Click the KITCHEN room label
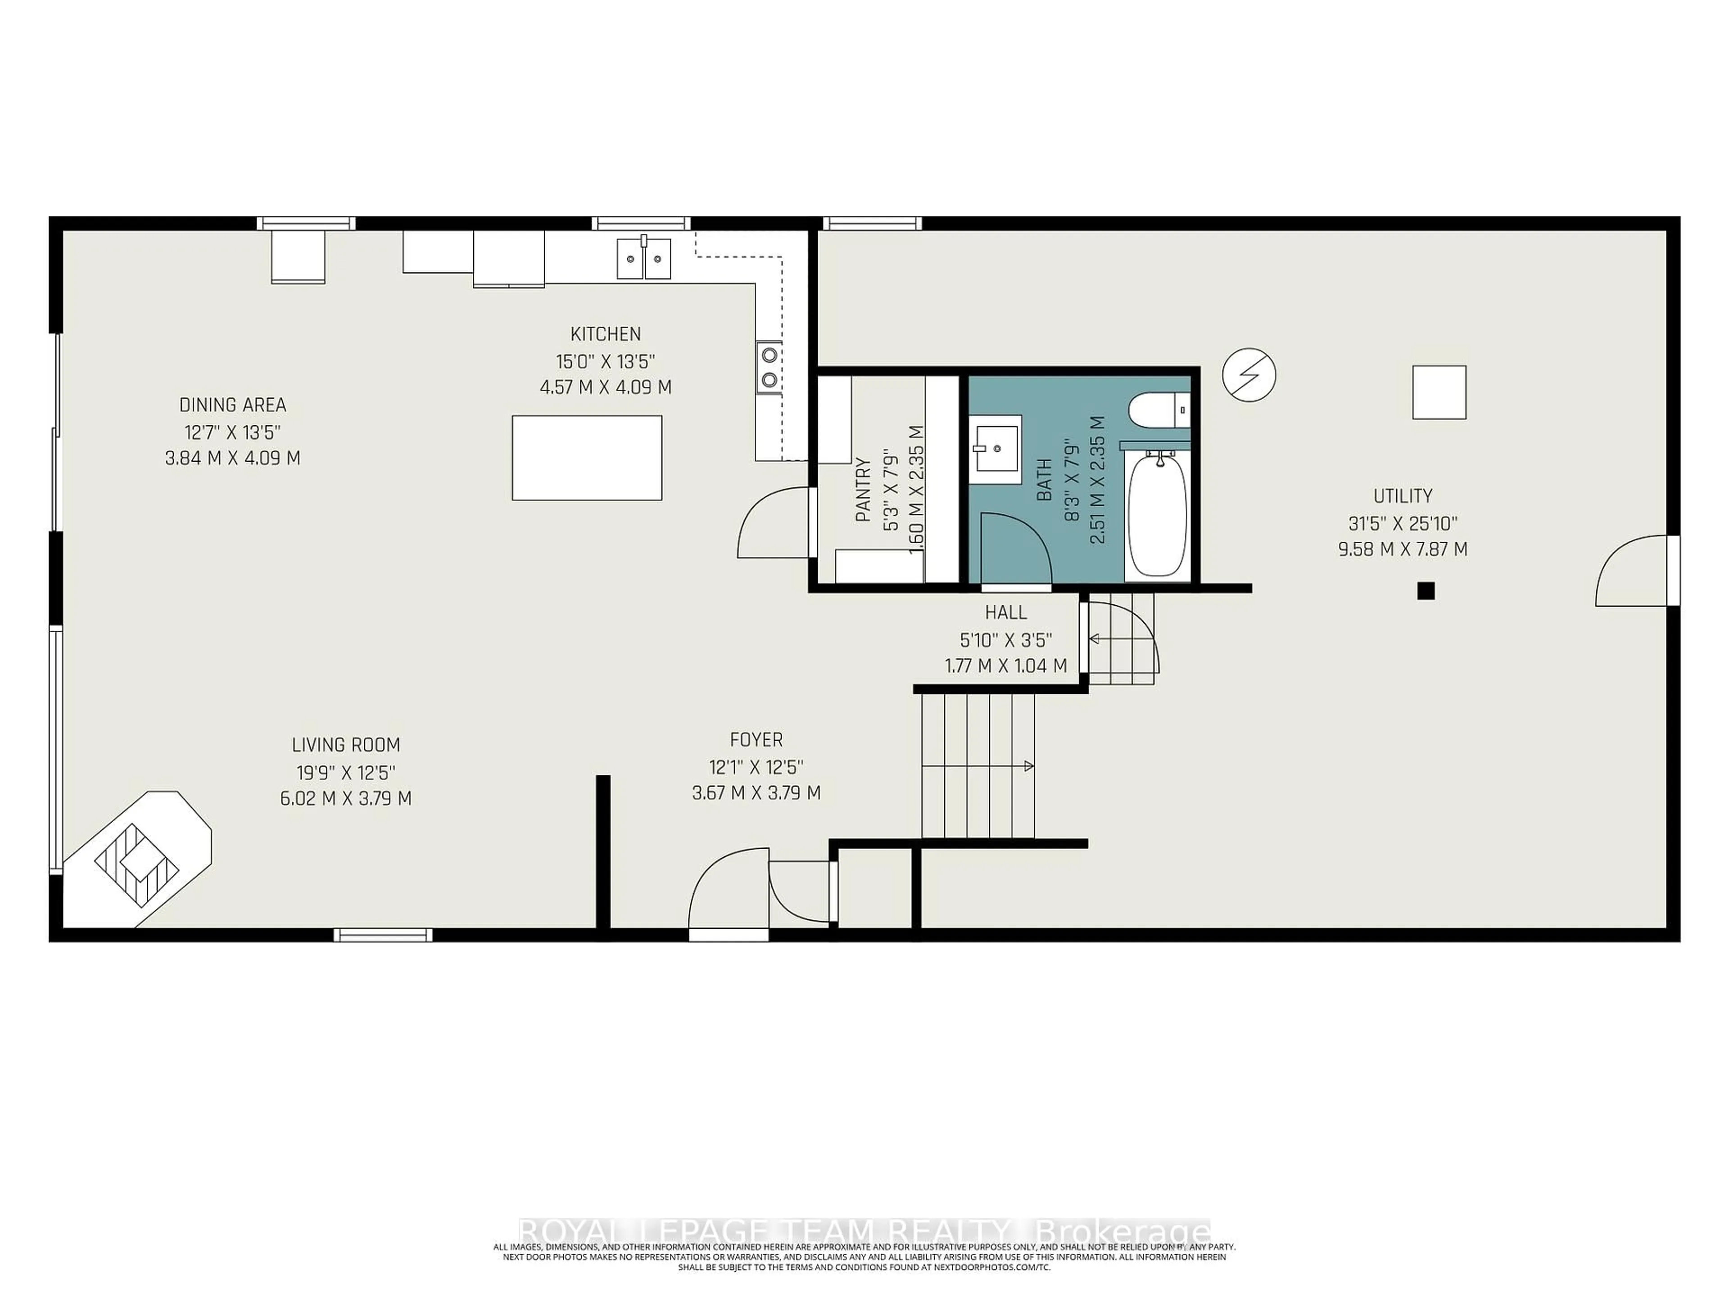[x=605, y=334]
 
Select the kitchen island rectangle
[x=587, y=458]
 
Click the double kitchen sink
[x=644, y=259]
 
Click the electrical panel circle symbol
[x=1249, y=375]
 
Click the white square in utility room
[x=1439, y=392]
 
